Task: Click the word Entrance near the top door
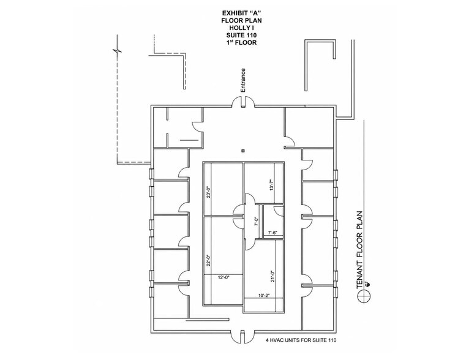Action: [243, 80]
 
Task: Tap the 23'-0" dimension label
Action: [209, 192]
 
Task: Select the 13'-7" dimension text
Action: [271, 186]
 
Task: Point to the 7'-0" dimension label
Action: [257, 222]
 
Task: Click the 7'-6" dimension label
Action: [272, 233]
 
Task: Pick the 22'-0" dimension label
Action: [209, 261]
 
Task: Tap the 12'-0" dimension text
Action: [224, 277]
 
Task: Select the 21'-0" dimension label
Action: [272, 276]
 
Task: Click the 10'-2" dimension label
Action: [264, 296]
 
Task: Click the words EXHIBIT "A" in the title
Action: [241, 13]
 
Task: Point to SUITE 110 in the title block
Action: [241, 35]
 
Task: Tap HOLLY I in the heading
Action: [241, 28]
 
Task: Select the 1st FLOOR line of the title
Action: [241, 42]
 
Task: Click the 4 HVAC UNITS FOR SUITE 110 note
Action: [301, 340]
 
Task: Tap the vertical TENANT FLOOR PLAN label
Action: [359, 250]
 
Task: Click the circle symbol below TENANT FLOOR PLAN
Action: [364, 296]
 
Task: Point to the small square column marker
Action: [243, 151]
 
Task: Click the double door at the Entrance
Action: [243, 102]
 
